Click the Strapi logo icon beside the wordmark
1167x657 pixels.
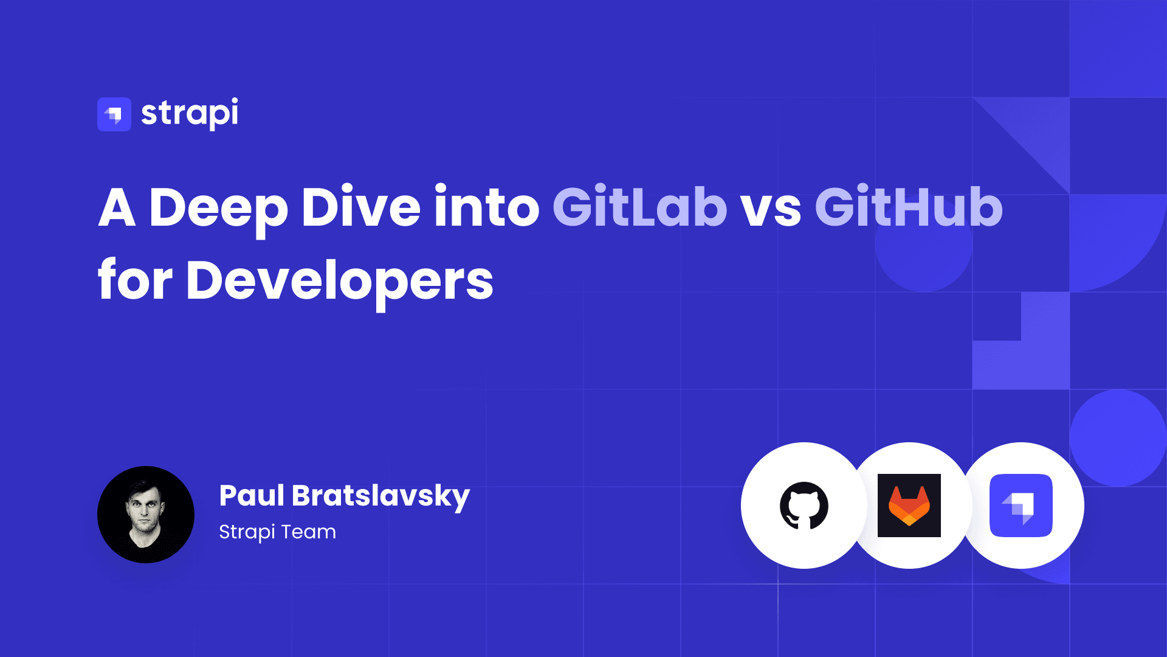pos(114,114)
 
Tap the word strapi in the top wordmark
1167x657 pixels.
pos(190,113)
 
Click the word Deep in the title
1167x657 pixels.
pos(218,208)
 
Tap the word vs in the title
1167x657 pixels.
pos(770,209)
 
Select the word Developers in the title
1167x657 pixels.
pos(340,281)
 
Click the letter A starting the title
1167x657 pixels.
pos(117,208)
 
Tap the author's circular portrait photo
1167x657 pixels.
pos(146,515)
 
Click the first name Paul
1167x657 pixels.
pos(252,495)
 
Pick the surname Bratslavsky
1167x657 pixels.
pos(380,496)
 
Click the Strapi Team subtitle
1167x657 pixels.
pos(277,532)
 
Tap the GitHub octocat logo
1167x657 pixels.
pos(804,506)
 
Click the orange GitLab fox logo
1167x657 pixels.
pos(909,506)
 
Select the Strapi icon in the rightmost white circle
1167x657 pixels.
pos(1021,506)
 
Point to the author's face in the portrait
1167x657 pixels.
pos(145,509)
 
